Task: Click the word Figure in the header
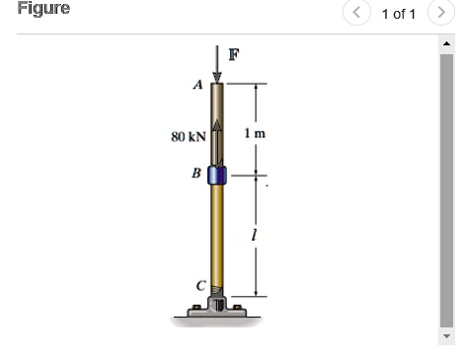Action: click(43, 9)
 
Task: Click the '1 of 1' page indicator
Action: click(398, 14)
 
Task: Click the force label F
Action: click(234, 54)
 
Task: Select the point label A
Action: click(197, 85)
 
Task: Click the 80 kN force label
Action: click(187, 136)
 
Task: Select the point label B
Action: click(196, 174)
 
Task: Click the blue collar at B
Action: click(217, 176)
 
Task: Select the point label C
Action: click(198, 286)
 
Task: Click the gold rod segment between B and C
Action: click(217, 237)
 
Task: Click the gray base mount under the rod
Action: click(217, 312)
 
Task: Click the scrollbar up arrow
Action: click(447, 42)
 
